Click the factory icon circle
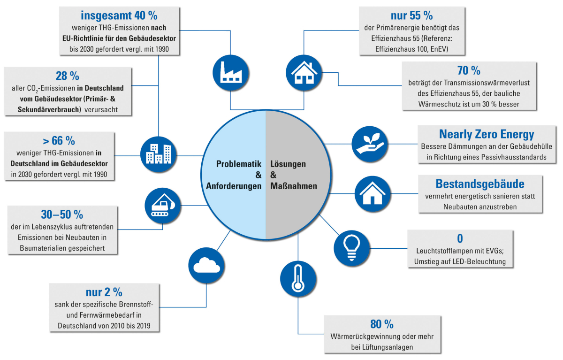tap(230, 73)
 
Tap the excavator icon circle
tap(163, 206)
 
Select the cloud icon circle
tap(206, 266)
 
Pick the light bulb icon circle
tap(351, 248)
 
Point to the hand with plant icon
tap(370, 144)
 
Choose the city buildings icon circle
tap(159, 154)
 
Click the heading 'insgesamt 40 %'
tap(119, 15)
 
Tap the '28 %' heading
tap(68, 76)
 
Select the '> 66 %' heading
tap(59, 140)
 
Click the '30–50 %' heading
tap(62, 214)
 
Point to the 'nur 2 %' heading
tap(104, 292)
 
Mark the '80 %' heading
tap(382, 324)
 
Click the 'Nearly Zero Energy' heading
tap(487, 134)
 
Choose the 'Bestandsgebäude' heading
tap(480, 184)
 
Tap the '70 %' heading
tap(469, 70)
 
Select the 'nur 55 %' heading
tap(412, 15)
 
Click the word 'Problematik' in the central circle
tap(238, 164)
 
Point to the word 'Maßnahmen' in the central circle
tap(294, 186)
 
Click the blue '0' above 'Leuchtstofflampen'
tap(460, 238)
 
